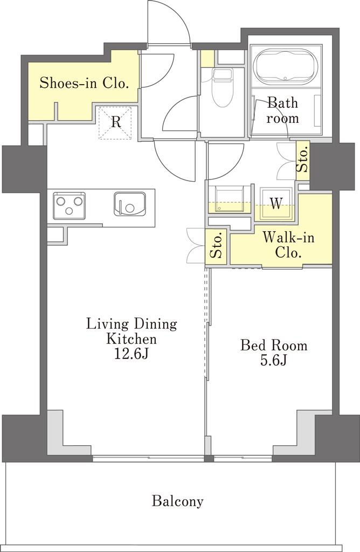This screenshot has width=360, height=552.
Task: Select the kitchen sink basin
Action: (129, 205)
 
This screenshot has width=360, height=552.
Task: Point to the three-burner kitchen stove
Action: (70, 205)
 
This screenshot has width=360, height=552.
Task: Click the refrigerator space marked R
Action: (116, 123)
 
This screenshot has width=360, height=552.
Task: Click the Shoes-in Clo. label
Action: (83, 84)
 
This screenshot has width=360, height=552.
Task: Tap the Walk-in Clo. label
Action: (288, 245)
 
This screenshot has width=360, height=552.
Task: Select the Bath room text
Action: (282, 111)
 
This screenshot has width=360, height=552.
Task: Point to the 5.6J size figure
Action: (274, 360)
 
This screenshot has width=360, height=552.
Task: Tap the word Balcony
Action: (178, 501)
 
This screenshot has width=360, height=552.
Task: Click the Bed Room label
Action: (274, 345)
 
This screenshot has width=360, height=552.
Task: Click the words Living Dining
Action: (131, 324)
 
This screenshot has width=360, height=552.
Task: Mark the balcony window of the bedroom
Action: (243, 458)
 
